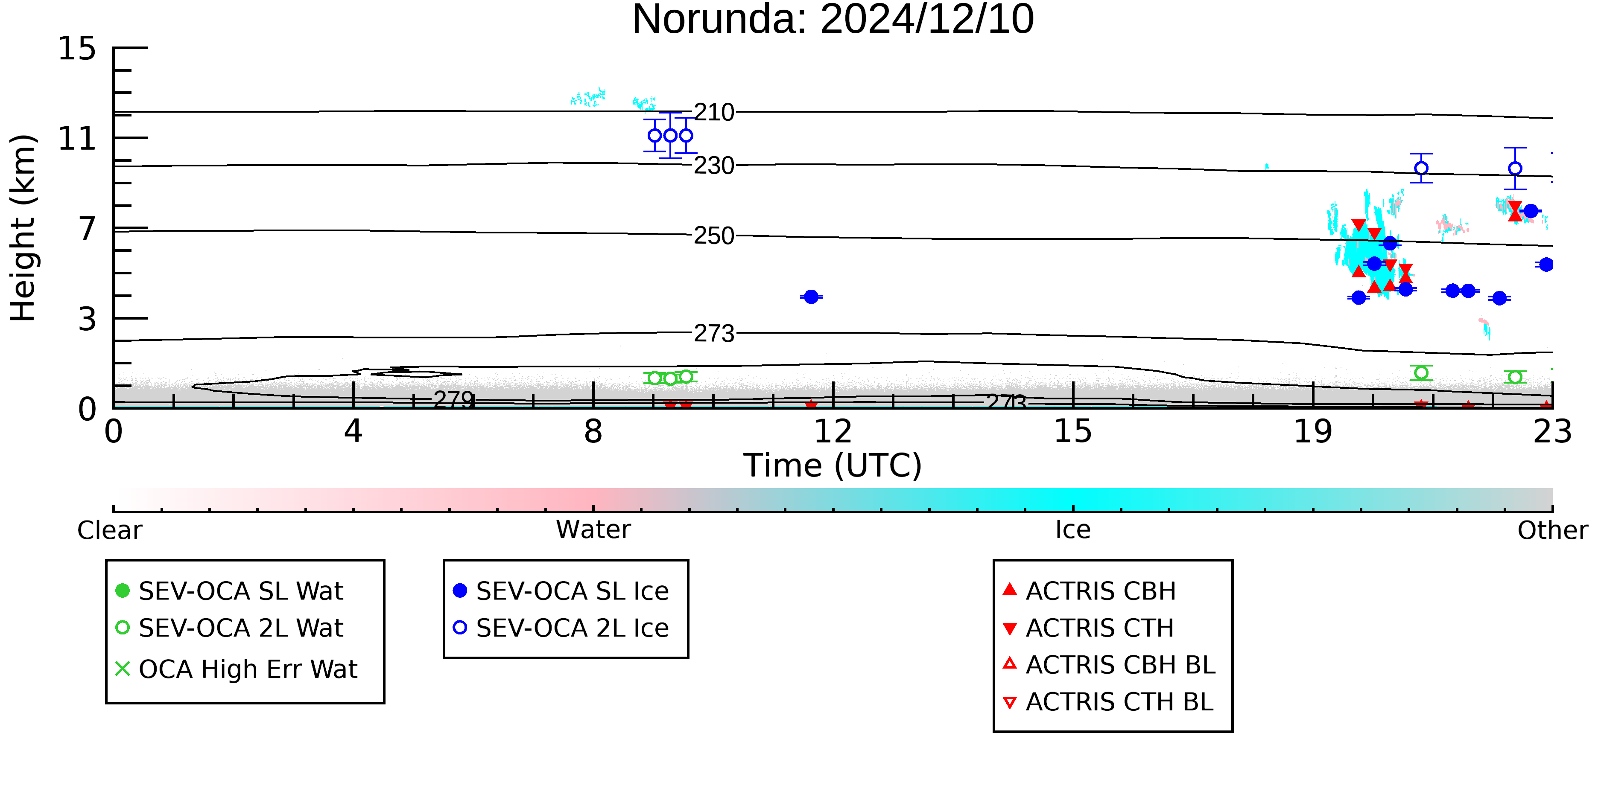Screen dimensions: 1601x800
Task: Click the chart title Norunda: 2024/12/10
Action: (833, 20)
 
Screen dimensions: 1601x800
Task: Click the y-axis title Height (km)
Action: (23, 228)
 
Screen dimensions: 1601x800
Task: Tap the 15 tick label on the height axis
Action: (77, 49)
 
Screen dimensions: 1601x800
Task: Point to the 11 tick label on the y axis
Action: (77, 139)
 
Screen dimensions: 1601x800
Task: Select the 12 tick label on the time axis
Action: (833, 432)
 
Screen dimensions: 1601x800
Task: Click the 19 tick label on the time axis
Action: (1313, 432)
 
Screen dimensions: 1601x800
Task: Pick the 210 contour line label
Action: (714, 112)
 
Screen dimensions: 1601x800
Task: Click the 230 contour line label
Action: (714, 166)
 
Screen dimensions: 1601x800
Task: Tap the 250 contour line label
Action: (714, 236)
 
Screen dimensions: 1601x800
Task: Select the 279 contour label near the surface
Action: (454, 399)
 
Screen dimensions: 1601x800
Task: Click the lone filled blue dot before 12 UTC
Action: (811, 297)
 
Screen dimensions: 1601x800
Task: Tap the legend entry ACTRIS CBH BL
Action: (1110, 665)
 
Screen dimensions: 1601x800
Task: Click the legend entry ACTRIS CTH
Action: (1088, 628)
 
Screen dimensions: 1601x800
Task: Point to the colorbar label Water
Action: (593, 530)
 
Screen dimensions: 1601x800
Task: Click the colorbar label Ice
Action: (1073, 530)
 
